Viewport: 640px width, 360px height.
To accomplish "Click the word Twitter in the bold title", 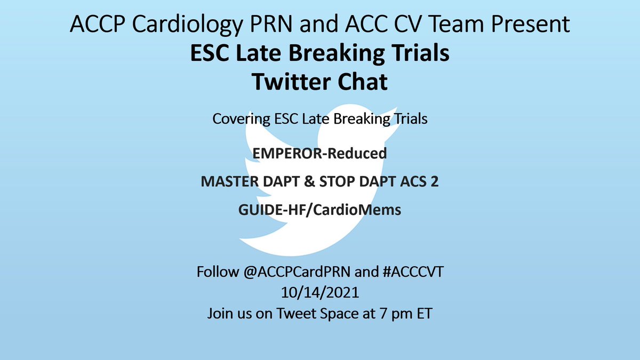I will point(284,84).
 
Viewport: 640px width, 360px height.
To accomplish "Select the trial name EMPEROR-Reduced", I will point(320,154).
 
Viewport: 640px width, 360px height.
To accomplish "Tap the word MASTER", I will point(228,182).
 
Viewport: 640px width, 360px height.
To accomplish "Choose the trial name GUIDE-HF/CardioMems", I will point(320,210).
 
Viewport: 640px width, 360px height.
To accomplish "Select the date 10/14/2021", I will point(320,293).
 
